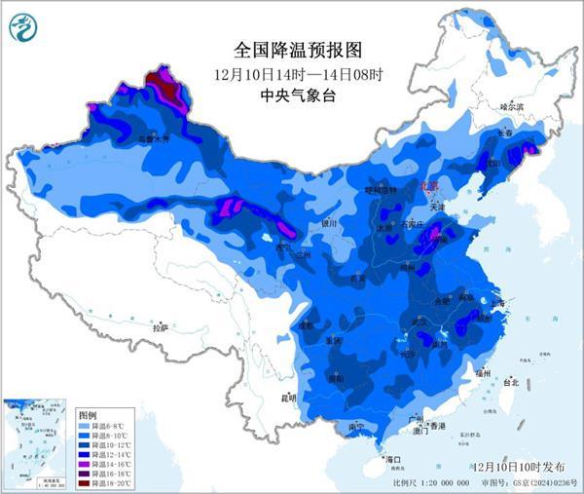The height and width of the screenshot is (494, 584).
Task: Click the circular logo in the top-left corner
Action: [24, 25]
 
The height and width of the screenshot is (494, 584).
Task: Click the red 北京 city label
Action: [429, 184]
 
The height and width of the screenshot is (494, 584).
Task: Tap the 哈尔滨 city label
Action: [512, 105]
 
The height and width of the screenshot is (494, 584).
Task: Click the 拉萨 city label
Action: [161, 328]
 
